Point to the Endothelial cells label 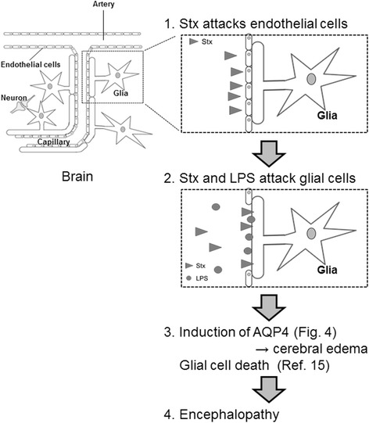click(30, 66)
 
